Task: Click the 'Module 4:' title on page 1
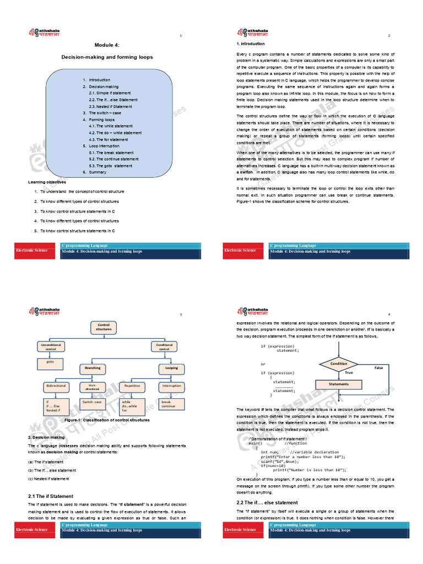(x=107, y=45)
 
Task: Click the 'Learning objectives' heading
(x=47, y=182)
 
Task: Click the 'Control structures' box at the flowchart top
(x=104, y=328)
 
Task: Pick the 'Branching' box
(x=93, y=367)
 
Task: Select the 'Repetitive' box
(x=132, y=386)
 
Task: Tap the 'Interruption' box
(x=171, y=386)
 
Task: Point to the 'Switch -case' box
(x=92, y=403)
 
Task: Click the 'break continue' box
(x=170, y=404)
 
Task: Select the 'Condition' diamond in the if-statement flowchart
(x=338, y=364)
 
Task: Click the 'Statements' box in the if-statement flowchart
(x=338, y=384)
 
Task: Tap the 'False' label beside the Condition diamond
(x=378, y=367)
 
